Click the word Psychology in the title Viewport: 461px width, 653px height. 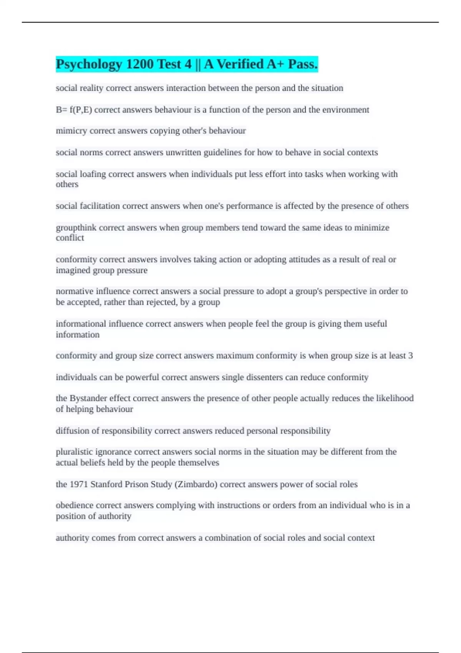click(89, 65)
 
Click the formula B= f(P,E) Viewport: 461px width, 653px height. click(74, 110)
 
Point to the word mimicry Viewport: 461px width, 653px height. click(71, 131)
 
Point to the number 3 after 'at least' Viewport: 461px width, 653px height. click(410, 356)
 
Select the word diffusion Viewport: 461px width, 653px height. click(72, 431)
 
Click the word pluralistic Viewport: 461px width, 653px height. click(74, 452)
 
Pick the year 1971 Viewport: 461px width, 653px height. click(78, 484)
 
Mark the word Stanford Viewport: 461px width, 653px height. click(106, 484)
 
